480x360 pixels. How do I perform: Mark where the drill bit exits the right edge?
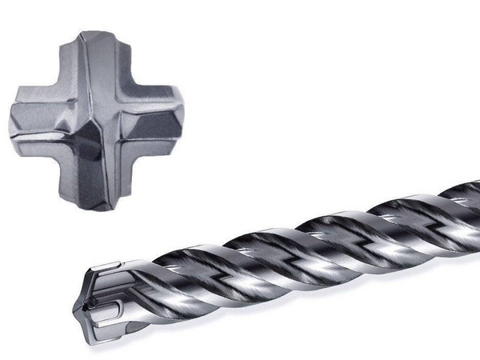tap(477, 204)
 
